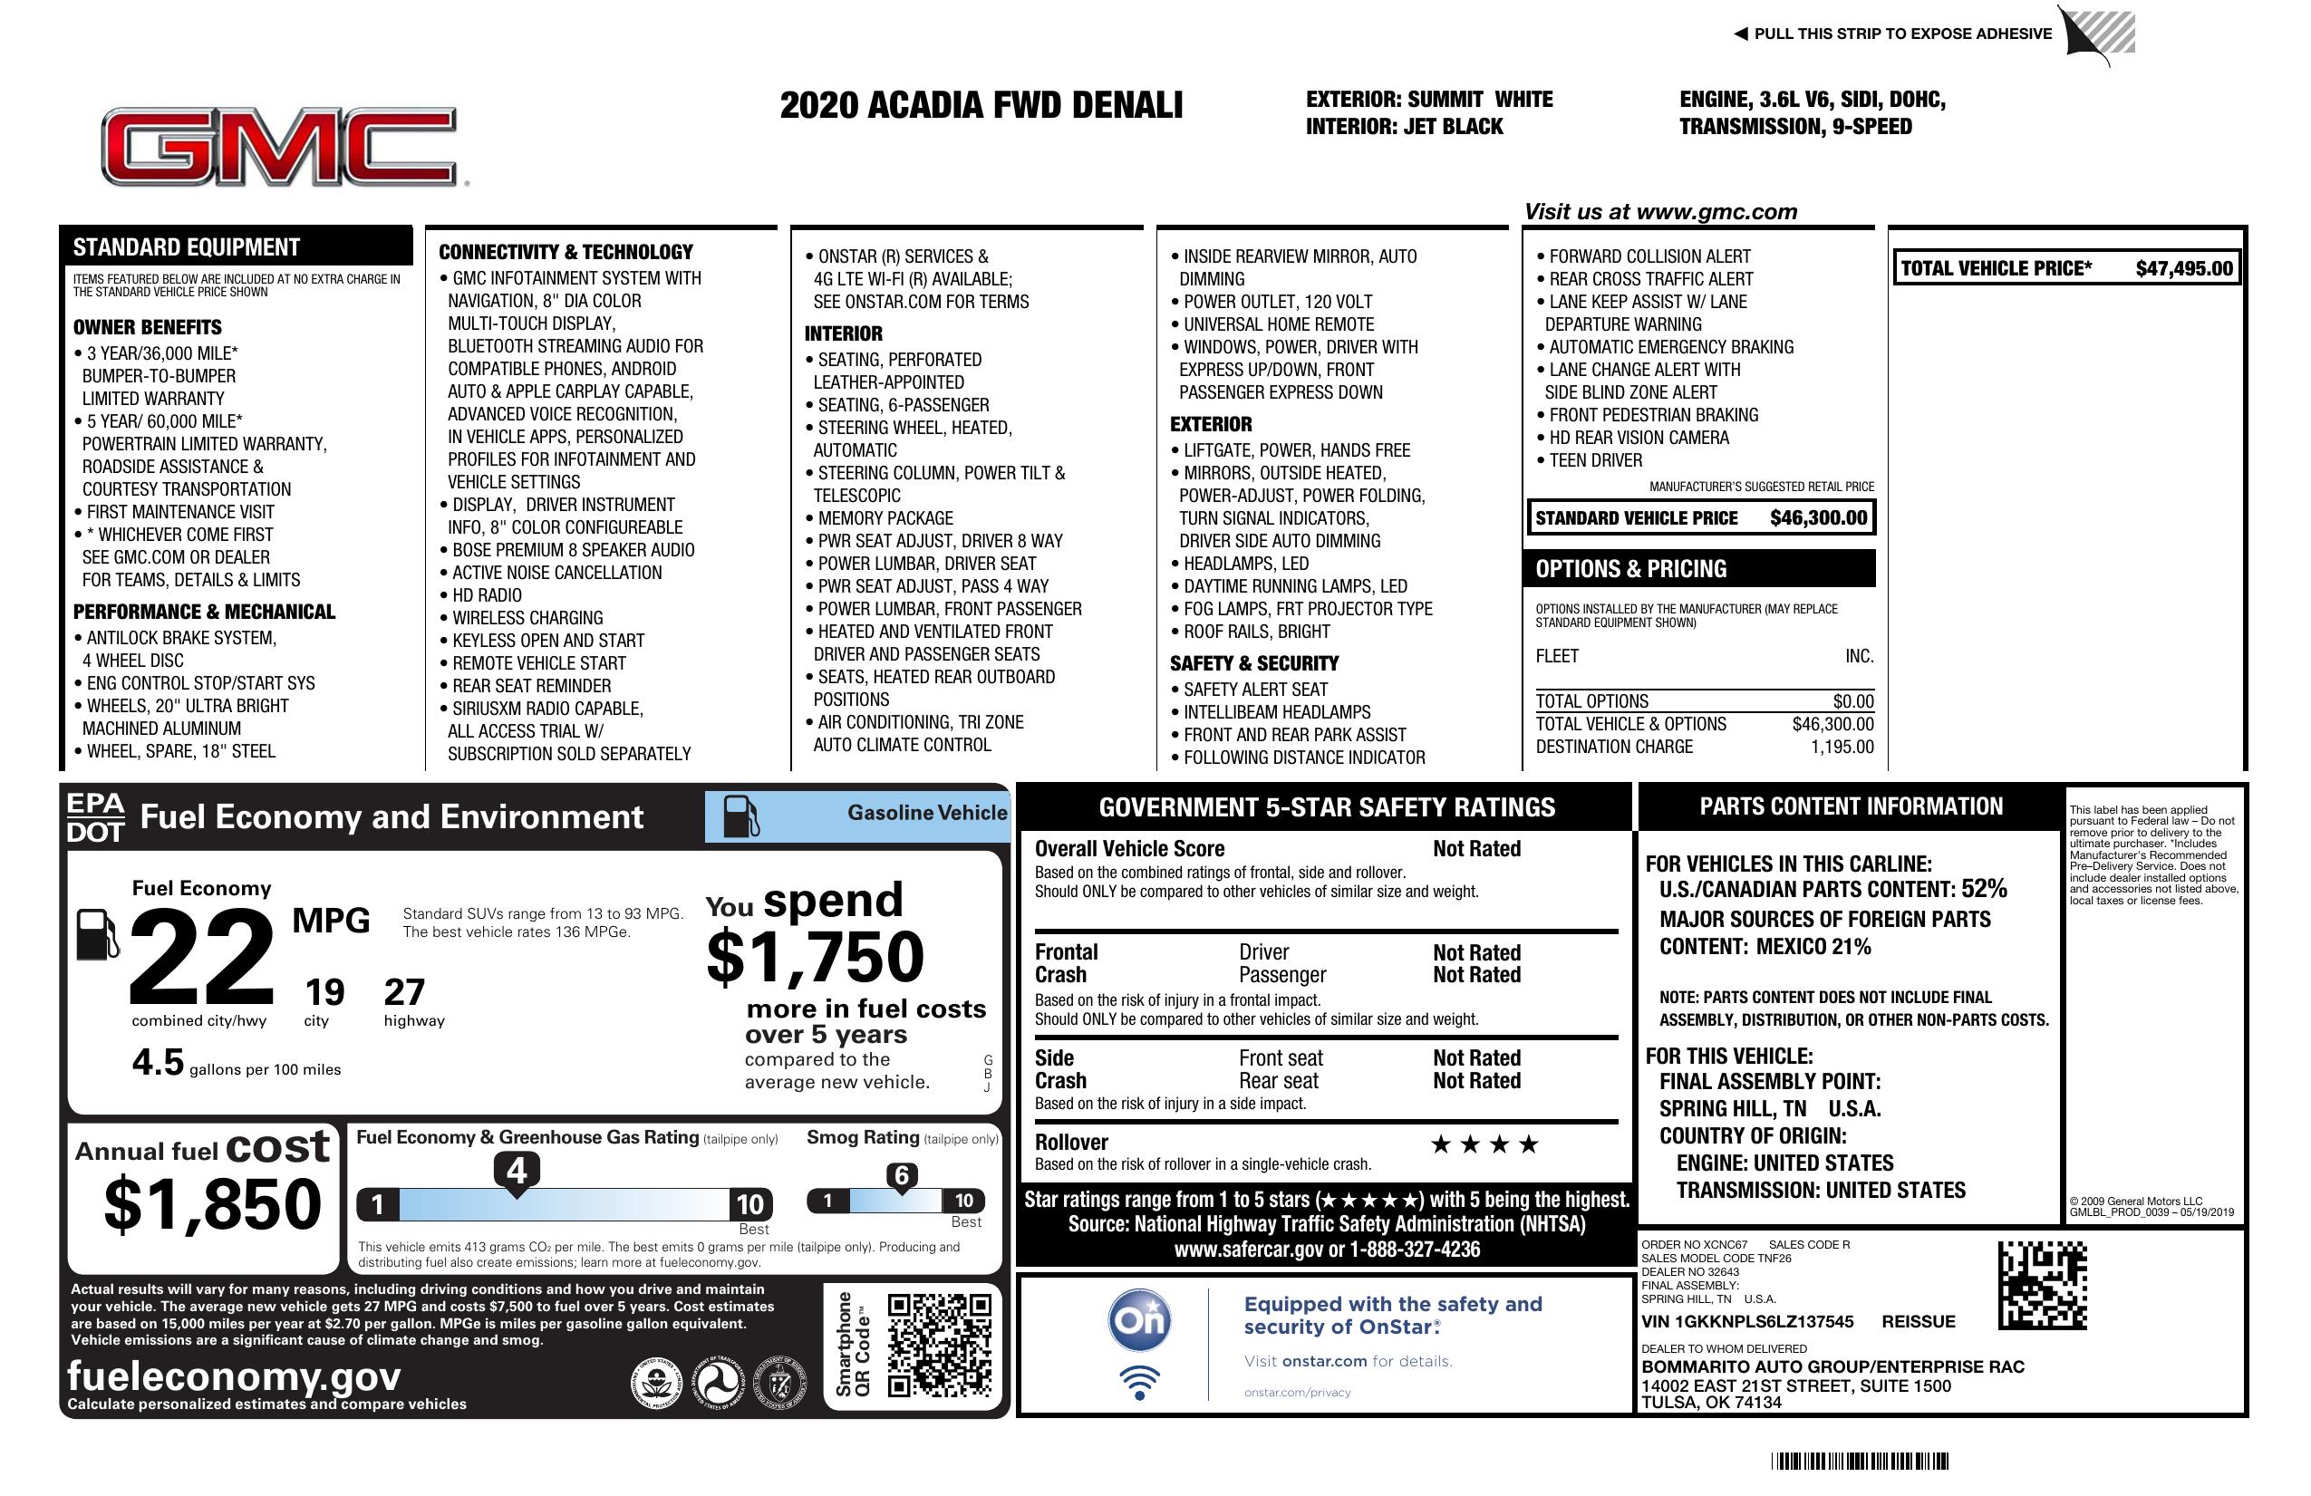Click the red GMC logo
[x=280, y=147]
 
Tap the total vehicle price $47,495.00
[x=2184, y=269]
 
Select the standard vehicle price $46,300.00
[x=1818, y=518]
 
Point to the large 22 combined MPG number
[x=202, y=956]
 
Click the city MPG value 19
[x=324, y=992]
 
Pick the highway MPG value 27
[x=404, y=992]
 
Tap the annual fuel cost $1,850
[x=212, y=1204]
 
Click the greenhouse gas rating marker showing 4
[x=517, y=1171]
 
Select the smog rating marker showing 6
[x=901, y=1175]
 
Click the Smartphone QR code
[x=940, y=1344]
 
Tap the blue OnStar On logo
[x=1140, y=1320]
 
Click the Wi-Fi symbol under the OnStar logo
[x=1140, y=1382]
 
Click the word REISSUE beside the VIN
[x=1918, y=1322]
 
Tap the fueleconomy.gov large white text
[x=234, y=1376]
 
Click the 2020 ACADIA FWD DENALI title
[x=981, y=106]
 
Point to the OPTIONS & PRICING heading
[x=1630, y=569]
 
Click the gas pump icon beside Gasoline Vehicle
[x=741, y=816]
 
